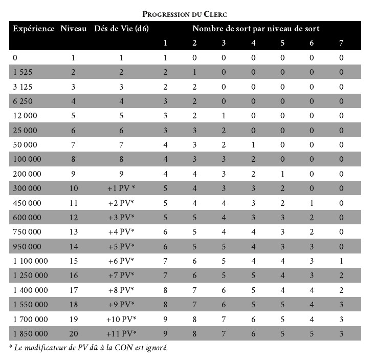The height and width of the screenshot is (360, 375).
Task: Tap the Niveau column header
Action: (x=74, y=29)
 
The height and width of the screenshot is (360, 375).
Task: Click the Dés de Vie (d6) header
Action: (x=121, y=29)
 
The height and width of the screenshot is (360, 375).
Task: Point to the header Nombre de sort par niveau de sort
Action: (x=256, y=29)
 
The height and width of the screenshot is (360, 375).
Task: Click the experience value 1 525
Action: (x=22, y=72)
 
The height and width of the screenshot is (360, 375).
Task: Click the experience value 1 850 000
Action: (x=29, y=334)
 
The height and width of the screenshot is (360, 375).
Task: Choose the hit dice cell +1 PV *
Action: (x=121, y=188)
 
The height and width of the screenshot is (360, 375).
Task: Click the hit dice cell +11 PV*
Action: (x=121, y=334)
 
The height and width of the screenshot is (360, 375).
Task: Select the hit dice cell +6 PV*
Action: (x=121, y=261)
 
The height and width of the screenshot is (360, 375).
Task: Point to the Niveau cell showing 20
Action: (x=74, y=334)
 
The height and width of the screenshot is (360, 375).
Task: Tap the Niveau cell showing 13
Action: (x=74, y=232)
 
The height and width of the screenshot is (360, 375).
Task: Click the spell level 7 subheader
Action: (x=341, y=43)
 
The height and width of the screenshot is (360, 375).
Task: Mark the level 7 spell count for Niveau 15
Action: (x=341, y=261)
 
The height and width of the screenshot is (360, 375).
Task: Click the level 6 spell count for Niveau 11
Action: (x=312, y=203)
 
